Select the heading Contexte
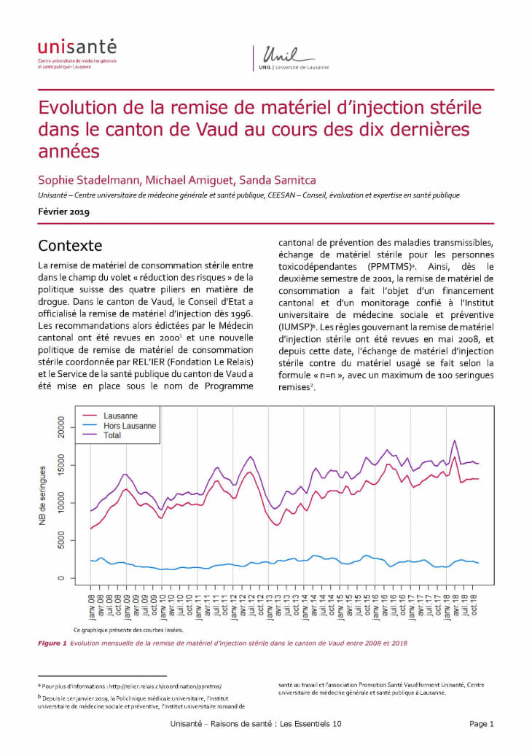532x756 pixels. [x=70, y=245]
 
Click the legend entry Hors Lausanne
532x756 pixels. [x=130, y=425]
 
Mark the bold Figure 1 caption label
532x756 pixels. [x=52, y=643]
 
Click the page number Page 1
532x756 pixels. [x=482, y=724]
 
